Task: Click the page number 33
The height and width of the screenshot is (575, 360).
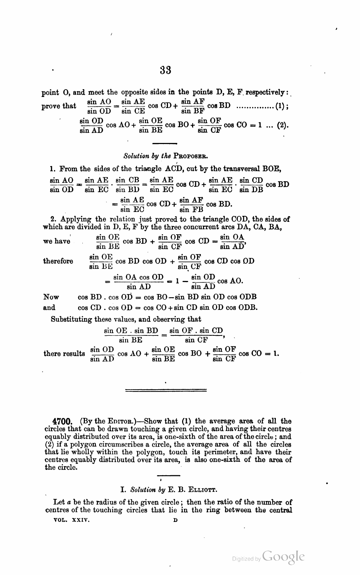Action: click(166, 70)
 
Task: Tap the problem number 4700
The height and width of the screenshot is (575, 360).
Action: click(62, 422)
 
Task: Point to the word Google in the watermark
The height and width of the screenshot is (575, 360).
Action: click(284, 557)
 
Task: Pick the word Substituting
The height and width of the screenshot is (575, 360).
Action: click(72, 319)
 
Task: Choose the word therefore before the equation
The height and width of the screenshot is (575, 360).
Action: click(58, 261)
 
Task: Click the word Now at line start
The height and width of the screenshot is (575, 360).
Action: click(51, 297)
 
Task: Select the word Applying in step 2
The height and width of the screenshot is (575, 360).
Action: click(76, 219)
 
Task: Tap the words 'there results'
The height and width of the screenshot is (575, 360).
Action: click(64, 353)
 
